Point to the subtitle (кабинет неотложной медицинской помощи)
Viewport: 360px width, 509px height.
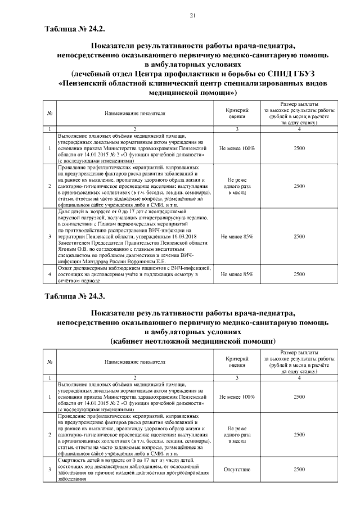pos(193,341)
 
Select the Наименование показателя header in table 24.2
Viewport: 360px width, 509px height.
pos(135,113)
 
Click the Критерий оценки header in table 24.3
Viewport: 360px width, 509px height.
pos(237,362)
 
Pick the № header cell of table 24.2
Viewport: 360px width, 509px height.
pos(51,113)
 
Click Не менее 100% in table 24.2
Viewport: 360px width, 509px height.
pos(237,147)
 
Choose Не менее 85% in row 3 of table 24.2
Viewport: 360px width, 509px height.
pos(237,236)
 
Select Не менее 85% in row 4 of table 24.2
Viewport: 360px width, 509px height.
pos(237,274)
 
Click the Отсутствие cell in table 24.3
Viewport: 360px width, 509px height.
pos(237,468)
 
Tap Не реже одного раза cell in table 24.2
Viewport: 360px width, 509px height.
pos(237,186)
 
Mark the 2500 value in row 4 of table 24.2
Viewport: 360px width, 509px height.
pos(299,274)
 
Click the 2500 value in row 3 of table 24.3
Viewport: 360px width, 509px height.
pos(299,468)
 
